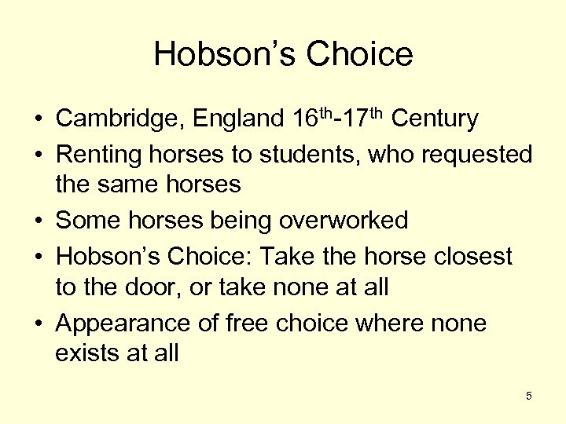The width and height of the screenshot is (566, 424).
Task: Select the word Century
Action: click(x=434, y=119)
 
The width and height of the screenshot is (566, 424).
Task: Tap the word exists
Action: click(x=87, y=353)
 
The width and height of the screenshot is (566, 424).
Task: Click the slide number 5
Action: click(x=529, y=396)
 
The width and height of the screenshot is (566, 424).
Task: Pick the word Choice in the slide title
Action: click(x=359, y=53)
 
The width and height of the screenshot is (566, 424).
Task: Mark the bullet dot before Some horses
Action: click(x=38, y=221)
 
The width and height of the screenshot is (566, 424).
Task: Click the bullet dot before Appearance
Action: click(x=38, y=323)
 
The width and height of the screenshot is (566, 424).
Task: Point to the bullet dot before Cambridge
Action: click(x=38, y=120)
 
